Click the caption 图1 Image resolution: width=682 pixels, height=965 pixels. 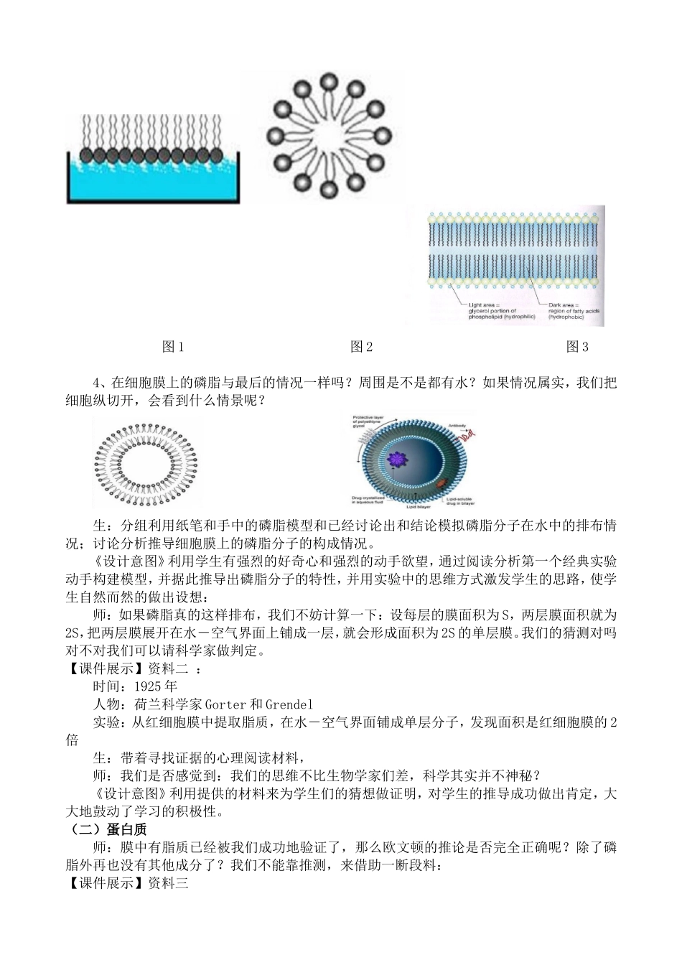pyautogui.click(x=173, y=348)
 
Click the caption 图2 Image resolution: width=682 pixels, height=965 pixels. pyautogui.click(x=361, y=348)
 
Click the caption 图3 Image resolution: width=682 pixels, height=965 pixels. pyautogui.click(x=578, y=348)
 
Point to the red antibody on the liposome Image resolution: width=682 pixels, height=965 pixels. pyautogui.click(x=470, y=435)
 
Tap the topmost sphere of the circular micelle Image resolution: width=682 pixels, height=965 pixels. pyautogui.click(x=330, y=80)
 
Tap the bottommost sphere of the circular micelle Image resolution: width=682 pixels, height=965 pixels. pyautogui.click(x=330, y=190)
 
